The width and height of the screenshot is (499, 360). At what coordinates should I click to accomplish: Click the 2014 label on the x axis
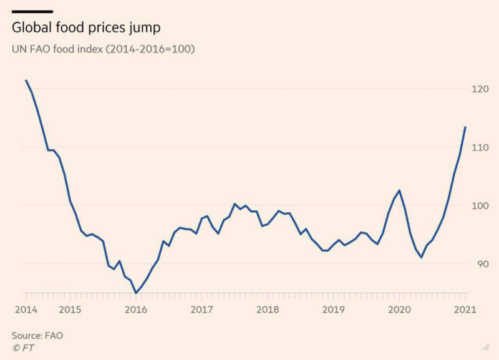[25, 309]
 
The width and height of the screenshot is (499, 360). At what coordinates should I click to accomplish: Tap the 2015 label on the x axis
[70, 309]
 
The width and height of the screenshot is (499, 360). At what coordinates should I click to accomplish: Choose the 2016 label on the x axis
[135, 309]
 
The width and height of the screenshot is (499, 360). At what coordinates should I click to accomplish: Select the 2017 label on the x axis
[201, 309]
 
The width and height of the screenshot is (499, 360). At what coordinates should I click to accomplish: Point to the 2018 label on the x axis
[268, 309]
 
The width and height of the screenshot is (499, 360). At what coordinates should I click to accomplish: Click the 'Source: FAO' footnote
[37, 335]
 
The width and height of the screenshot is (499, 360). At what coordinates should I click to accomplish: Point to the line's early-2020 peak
[399, 190]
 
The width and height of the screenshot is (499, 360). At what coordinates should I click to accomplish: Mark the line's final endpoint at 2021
[465, 127]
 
